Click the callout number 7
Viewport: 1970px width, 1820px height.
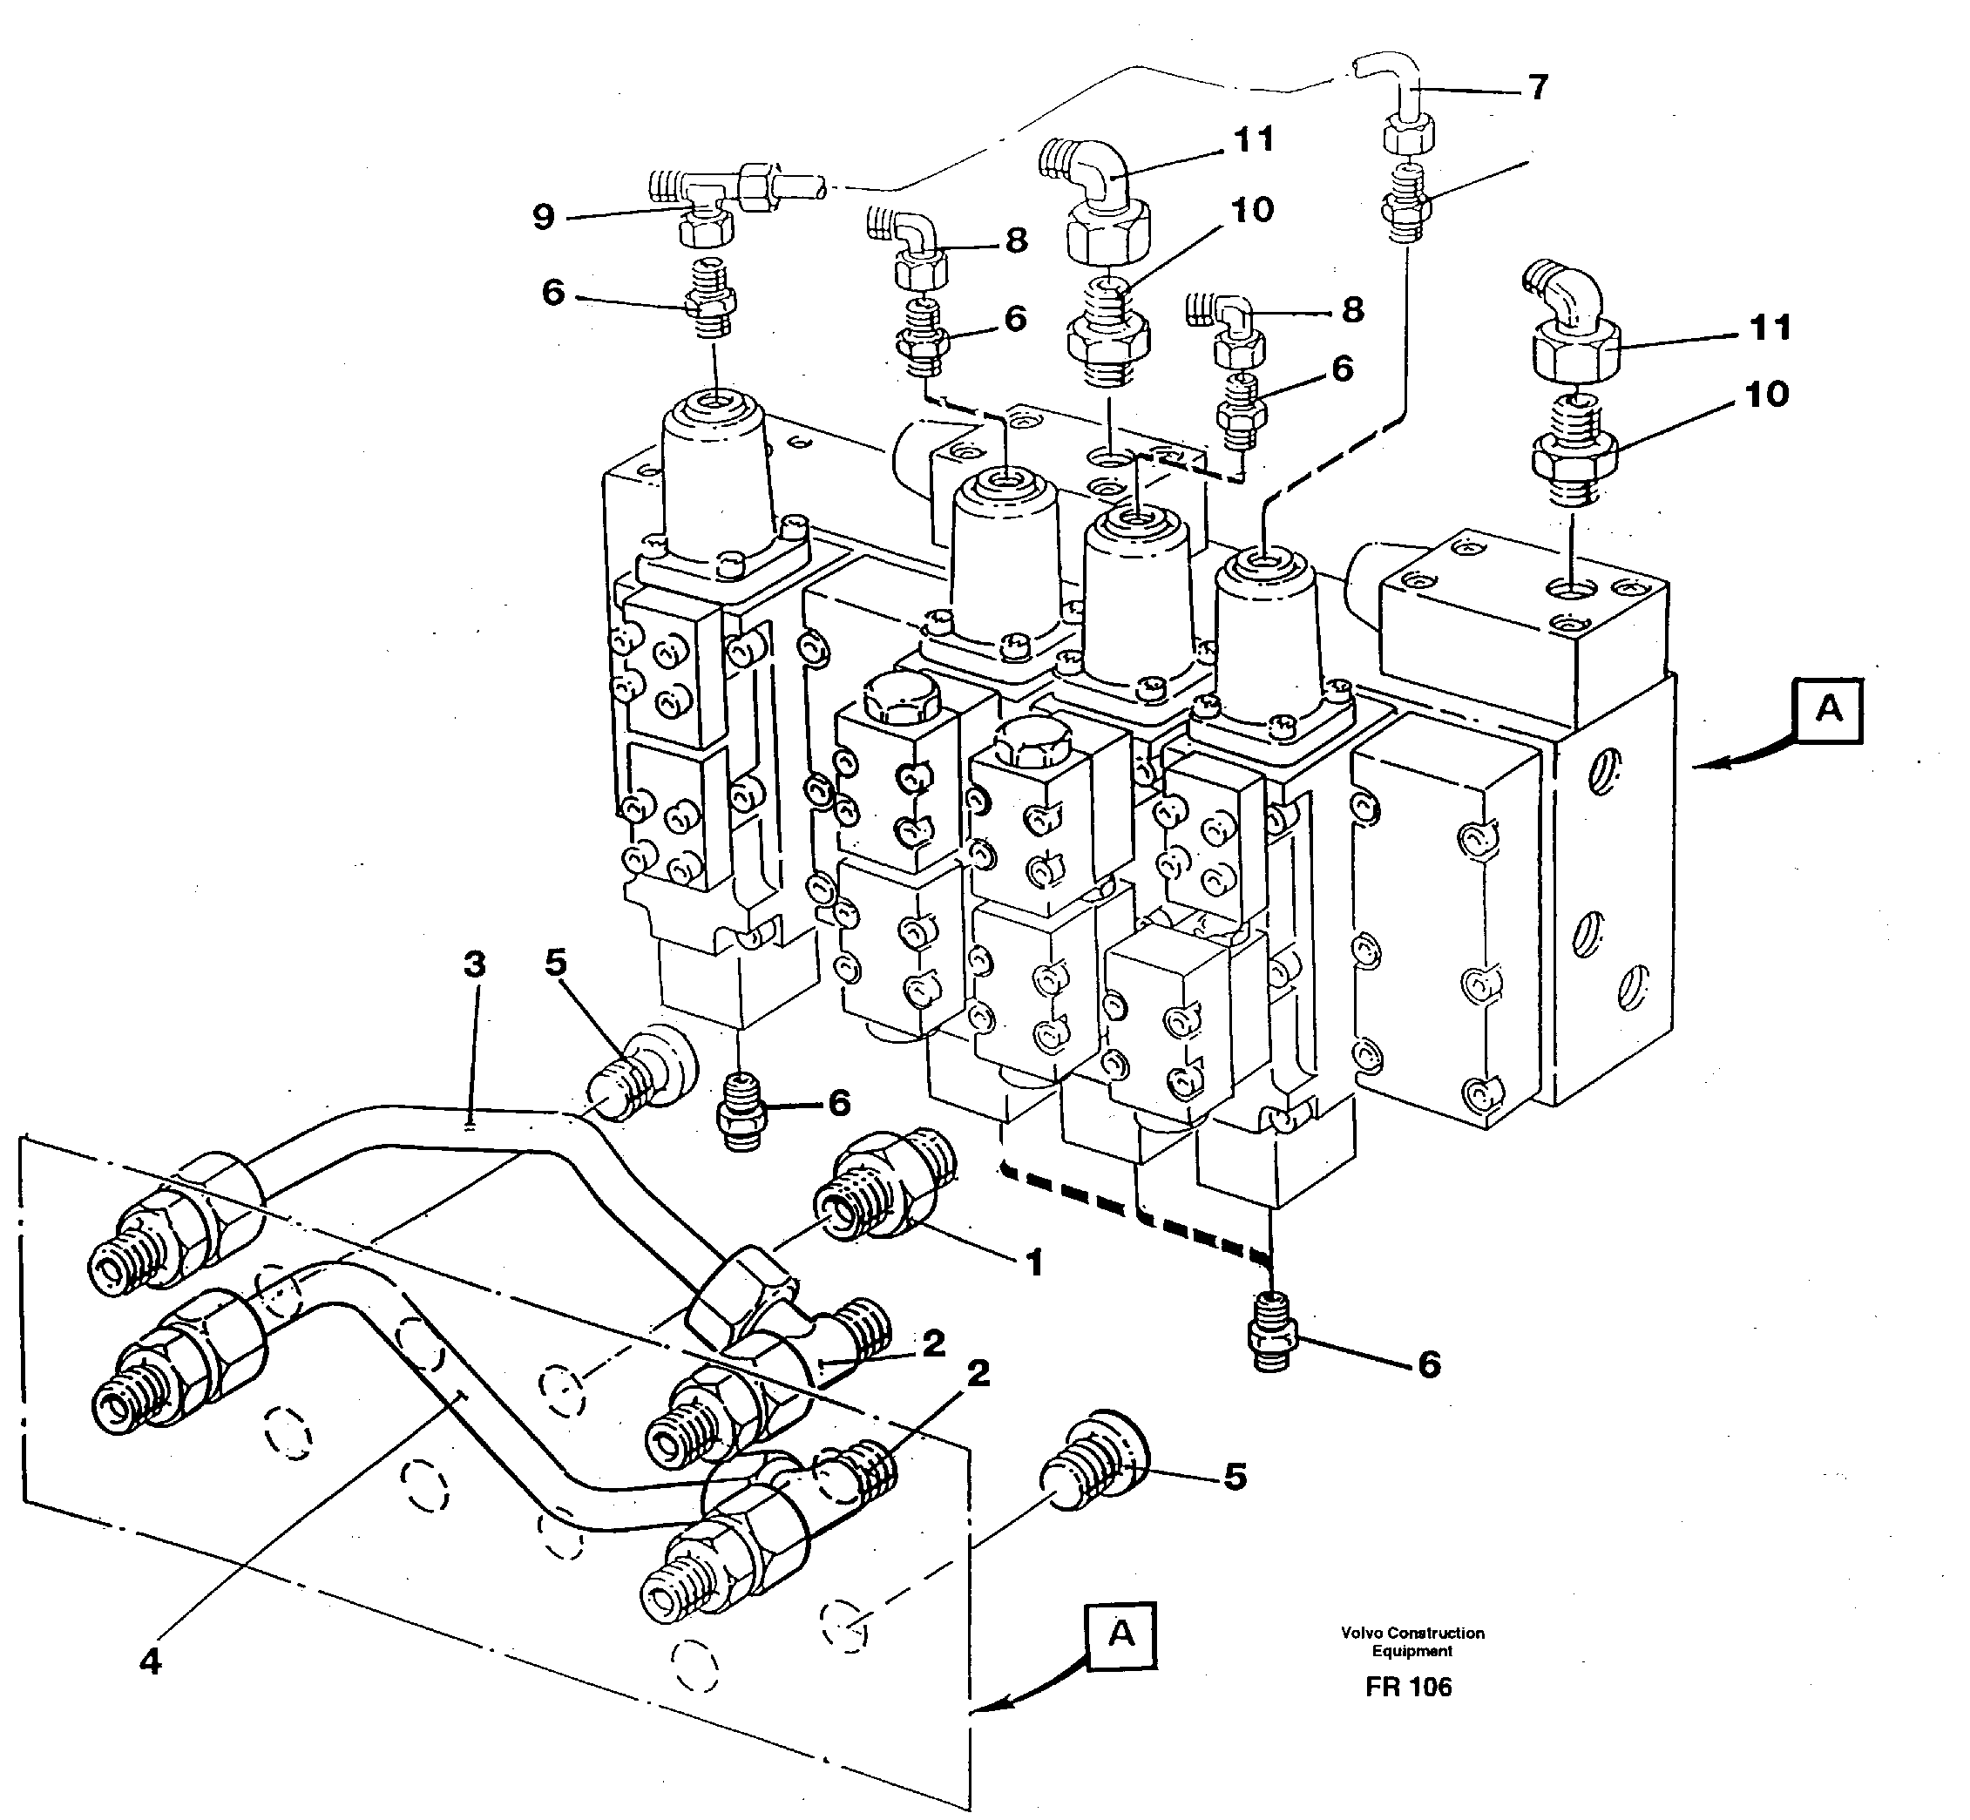pos(1539,88)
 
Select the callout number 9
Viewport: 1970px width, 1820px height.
pos(544,217)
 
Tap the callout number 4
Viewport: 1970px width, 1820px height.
pos(150,1661)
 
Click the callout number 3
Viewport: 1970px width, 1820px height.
pos(475,964)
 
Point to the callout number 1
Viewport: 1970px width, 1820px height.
pos(1034,1263)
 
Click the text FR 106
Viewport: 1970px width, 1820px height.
pos(1409,1715)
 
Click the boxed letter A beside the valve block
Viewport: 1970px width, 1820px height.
pos(1828,709)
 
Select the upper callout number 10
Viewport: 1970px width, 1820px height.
pos(1252,210)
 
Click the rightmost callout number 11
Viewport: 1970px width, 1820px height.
pos(1770,328)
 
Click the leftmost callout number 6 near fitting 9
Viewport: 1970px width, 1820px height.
pos(553,293)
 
